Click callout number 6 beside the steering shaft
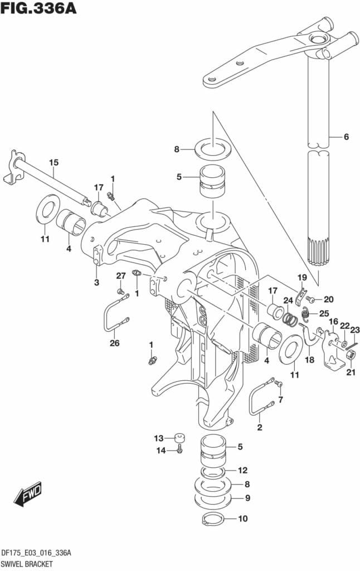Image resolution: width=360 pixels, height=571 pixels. coord(346,137)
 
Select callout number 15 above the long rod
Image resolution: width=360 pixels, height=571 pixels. coord(53,162)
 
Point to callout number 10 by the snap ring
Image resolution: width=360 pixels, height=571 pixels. coord(242,519)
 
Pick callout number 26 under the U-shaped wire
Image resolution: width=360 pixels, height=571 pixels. coord(114,343)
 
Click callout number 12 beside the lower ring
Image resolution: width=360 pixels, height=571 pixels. coord(242,470)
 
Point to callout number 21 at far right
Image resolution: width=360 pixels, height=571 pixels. coord(350,372)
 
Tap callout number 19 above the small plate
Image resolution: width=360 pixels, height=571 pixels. coord(301,278)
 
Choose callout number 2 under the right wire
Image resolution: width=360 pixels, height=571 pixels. coord(259,428)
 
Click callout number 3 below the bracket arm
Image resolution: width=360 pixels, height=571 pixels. coord(96,283)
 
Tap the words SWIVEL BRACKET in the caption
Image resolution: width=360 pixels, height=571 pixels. coord(27,564)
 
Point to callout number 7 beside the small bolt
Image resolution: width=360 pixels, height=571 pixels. coord(281,399)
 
